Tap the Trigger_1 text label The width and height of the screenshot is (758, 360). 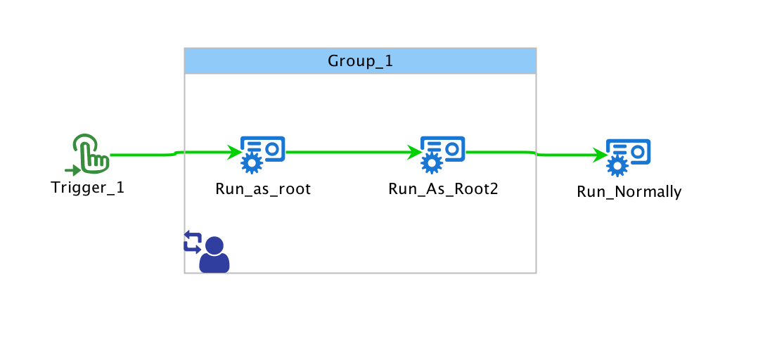[x=88, y=188]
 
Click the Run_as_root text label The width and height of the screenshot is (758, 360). [x=263, y=189]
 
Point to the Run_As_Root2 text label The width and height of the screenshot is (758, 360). [x=443, y=189]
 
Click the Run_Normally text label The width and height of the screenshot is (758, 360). [x=629, y=192]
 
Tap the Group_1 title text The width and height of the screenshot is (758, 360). [x=360, y=61]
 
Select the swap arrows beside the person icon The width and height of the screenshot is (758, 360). [x=192, y=241]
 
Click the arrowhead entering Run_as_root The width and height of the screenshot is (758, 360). [x=234, y=151]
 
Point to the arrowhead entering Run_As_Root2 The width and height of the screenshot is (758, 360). [x=413, y=151]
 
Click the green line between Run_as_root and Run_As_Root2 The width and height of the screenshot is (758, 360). [x=348, y=151]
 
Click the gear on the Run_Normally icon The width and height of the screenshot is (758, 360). [x=617, y=167]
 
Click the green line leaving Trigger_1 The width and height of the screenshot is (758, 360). [x=141, y=155]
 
